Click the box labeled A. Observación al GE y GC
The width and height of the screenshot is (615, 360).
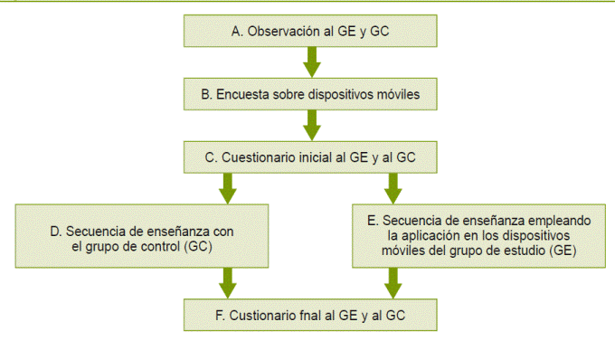tap(310, 30)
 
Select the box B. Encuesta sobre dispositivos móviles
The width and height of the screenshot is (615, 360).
tap(310, 93)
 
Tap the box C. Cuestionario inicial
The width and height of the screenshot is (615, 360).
tap(310, 156)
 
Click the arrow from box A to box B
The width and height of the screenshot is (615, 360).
tap(310, 62)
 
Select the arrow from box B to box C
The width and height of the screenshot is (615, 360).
tap(310, 125)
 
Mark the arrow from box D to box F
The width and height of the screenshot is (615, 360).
tap(227, 284)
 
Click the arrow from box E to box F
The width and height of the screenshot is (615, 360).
tap(393, 284)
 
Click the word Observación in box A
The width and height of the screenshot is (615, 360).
tap(280, 30)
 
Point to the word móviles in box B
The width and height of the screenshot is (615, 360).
tap(396, 93)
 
